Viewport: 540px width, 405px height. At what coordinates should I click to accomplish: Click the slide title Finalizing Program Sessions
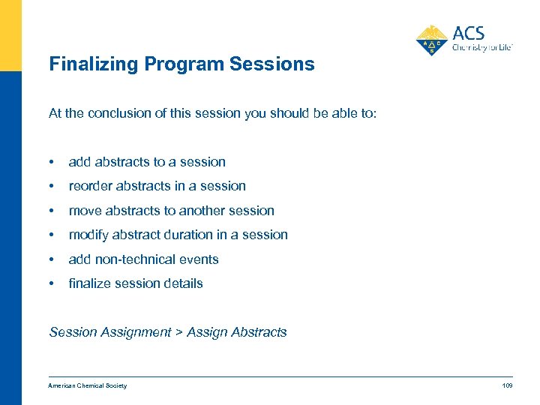pos(181,64)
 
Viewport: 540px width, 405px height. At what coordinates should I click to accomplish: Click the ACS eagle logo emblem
pos(431,40)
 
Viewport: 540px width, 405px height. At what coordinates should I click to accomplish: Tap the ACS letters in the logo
pos(469,33)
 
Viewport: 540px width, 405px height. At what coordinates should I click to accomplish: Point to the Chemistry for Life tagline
pos(481,46)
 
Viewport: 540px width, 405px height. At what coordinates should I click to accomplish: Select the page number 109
pos(506,385)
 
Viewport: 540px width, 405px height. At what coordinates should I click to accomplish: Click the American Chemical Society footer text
pos(88,385)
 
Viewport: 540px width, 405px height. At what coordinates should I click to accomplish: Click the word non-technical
pos(133,259)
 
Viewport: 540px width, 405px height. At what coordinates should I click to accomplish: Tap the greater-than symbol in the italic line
pos(178,332)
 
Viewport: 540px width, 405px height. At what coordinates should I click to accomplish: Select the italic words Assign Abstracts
pos(237,332)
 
